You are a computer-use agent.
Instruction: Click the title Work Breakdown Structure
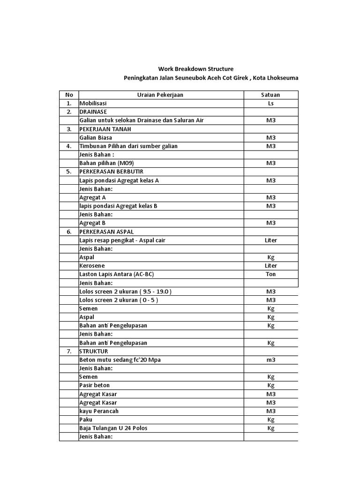195,69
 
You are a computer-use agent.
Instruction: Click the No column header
69,95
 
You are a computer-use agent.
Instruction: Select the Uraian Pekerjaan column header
160,95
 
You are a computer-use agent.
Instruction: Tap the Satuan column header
270,95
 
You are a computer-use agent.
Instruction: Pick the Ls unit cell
270,103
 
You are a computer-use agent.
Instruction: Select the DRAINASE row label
93,112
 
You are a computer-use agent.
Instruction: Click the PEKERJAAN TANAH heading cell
105,129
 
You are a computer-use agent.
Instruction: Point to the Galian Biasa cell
96,138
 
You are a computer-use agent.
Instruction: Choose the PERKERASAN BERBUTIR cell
111,172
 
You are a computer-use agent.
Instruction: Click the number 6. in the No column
69,232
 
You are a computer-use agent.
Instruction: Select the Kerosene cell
92,266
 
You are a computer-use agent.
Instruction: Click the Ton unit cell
270,274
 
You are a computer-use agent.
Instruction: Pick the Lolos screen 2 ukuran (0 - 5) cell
119,300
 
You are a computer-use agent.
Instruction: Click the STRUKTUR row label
94,351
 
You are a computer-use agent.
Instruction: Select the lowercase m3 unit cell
270,360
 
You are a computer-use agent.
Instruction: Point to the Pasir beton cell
95,385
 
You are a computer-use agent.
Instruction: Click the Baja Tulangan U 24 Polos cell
116,428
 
